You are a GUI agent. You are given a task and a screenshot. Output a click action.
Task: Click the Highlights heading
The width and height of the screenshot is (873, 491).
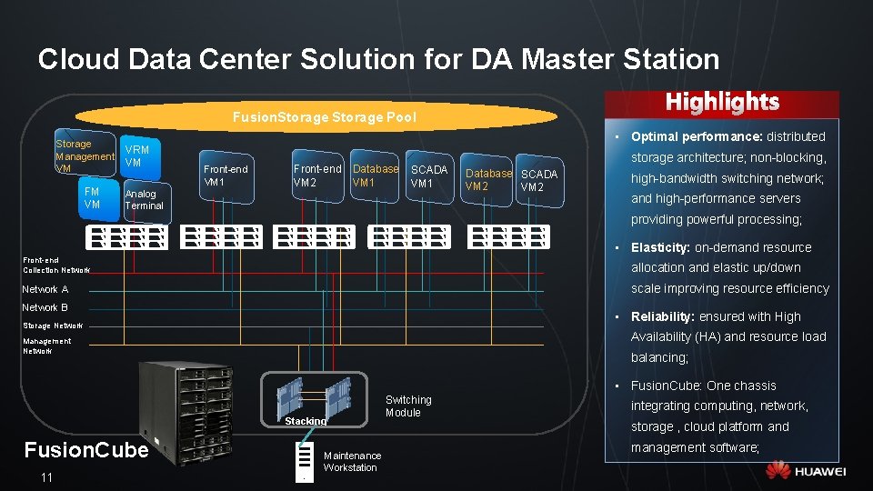coord(722,102)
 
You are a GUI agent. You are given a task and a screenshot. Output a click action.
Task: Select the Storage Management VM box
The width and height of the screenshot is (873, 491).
coord(84,155)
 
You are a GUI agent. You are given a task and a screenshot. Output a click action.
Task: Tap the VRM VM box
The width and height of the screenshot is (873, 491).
coord(138,155)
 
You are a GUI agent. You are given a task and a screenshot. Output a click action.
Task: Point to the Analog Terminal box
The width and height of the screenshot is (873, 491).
coord(145,200)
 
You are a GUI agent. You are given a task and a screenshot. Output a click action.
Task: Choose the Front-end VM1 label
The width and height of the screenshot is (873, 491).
coord(226,175)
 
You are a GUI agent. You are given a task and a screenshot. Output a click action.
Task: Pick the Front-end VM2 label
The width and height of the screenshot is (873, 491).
coord(316,175)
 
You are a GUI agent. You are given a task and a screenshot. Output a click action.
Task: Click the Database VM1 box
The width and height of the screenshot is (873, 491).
coord(375,175)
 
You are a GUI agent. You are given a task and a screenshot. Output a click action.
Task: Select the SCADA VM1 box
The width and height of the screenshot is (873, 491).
coord(428,176)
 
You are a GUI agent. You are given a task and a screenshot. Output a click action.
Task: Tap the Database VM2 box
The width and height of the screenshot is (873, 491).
coord(488,180)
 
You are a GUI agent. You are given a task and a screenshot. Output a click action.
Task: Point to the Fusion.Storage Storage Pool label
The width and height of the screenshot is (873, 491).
coord(324,116)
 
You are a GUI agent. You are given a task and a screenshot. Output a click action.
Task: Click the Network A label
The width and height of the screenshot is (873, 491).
coord(45,289)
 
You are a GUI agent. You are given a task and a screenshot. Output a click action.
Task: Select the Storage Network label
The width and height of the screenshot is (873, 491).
coord(53,325)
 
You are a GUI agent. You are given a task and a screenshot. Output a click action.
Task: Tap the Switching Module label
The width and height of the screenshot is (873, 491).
coord(408,406)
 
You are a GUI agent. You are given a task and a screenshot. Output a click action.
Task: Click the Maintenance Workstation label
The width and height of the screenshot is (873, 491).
coord(352,461)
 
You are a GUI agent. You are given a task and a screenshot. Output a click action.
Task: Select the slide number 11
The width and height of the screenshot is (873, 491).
coord(46,478)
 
